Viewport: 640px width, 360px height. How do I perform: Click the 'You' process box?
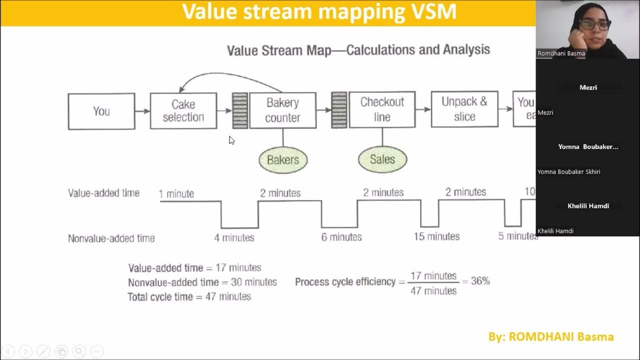tap(101, 111)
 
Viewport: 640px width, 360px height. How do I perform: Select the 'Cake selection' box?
tap(183, 110)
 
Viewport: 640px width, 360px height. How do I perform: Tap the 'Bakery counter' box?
tap(282, 110)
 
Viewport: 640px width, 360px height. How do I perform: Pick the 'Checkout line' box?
tap(382, 109)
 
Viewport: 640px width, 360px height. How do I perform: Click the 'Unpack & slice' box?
tap(464, 109)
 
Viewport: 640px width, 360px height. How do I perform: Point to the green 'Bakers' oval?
tap(283, 160)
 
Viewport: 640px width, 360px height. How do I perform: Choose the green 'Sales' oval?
tap(382, 159)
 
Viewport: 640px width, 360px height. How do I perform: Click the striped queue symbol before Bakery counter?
tap(240, 110)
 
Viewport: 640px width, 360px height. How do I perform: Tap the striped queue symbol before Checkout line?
tap(339, 109)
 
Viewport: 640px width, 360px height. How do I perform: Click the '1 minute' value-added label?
tap(176, 194)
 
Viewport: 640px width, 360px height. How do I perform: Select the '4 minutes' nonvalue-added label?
tap(234, 238)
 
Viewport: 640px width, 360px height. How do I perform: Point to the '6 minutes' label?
tap(341, 237)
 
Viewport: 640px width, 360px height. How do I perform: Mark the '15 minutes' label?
tap(436, 236)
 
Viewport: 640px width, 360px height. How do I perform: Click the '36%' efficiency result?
tap(480, 281)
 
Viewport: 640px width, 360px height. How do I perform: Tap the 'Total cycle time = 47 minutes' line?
tap(189, 296)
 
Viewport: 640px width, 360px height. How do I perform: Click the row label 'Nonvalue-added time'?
tap(111, 238)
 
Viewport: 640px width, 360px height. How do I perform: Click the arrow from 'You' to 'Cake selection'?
tap(142, 111)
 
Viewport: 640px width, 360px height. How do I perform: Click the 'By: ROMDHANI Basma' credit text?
tap(551, 337)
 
